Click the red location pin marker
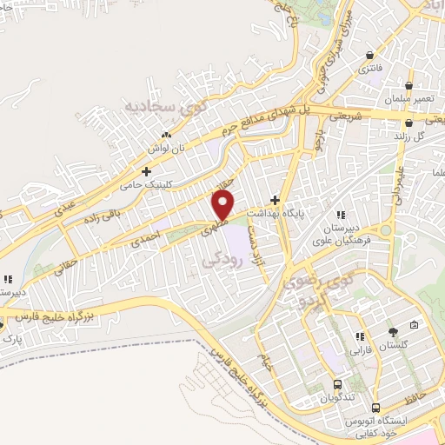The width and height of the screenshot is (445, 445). click(223, 205)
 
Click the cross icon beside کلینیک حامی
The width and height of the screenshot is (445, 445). click(147, 171)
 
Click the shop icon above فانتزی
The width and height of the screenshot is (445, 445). click(370, 53)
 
